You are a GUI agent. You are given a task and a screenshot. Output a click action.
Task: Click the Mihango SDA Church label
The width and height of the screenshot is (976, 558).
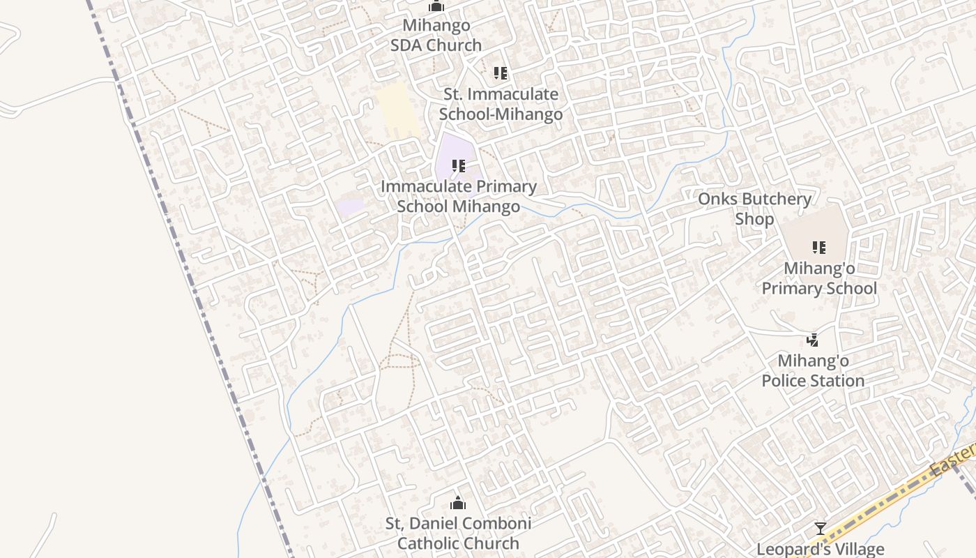coord(436,36)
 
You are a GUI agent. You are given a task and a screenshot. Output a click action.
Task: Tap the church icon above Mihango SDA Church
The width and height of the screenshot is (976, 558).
coord(436,6)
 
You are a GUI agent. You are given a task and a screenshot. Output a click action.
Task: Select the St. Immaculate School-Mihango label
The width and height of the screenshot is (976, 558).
coord(501,104)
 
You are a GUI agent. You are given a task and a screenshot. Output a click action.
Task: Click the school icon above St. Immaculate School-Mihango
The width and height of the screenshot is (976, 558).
coord(500,73)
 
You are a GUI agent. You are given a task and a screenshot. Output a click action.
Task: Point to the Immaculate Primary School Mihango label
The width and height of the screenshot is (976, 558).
coord(459,197)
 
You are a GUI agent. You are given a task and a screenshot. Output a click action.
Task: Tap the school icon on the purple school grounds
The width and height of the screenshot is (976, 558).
coord(458,166)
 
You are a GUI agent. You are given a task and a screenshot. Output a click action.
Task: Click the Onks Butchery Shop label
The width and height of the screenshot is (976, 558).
coord(754,209)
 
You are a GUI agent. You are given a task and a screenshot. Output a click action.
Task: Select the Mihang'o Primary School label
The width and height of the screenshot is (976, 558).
coord(819,278)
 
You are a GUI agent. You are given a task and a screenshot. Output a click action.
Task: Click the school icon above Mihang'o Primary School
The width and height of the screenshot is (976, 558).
coord(819,247)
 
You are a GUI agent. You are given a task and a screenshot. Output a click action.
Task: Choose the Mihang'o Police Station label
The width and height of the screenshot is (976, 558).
coord(813,371)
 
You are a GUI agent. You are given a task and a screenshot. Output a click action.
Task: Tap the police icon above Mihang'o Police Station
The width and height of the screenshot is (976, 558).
coord(812,340)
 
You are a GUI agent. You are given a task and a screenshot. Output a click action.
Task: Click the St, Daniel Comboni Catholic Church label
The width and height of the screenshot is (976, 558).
coord(458,533)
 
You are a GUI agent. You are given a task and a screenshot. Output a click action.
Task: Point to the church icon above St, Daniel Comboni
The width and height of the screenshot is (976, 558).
coord(458,503)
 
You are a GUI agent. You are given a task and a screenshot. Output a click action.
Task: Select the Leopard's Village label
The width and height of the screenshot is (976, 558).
coord(821,549)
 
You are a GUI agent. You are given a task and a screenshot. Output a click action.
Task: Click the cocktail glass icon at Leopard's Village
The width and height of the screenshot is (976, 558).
coord(821,529)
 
